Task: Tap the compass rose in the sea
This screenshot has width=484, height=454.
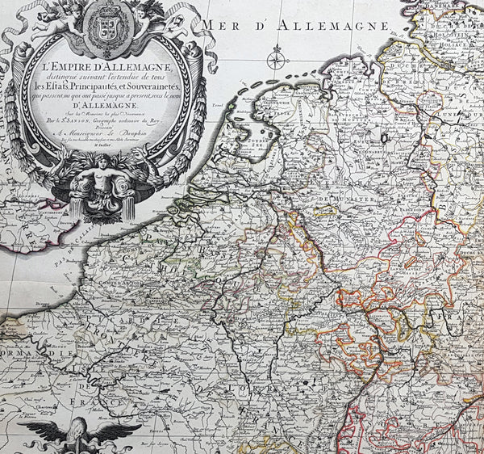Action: pos(277,57)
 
